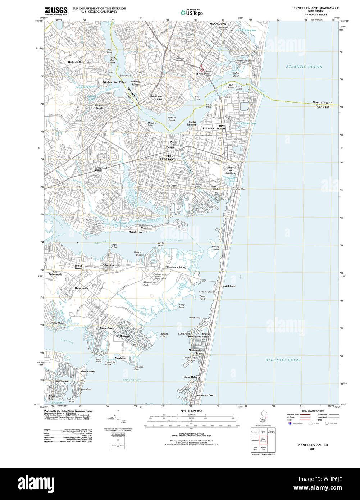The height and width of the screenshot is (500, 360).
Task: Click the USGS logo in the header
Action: tap(56, 11)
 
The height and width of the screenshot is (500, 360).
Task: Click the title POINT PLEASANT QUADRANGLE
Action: tap(315, 8)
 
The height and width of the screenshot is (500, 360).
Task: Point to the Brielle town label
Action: tap(200, 74)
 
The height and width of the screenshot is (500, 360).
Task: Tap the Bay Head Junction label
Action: tap(230, 170)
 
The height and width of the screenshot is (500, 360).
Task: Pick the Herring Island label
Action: tap(215, 248)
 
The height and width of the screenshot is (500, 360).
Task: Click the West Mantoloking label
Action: tap(176, 267)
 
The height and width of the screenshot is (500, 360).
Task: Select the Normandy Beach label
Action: tap(206, 395)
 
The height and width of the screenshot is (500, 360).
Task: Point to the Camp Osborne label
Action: tap(192, 377)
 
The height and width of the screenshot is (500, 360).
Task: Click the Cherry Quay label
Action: tap(57, 323)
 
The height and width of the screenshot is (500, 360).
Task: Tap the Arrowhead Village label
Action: tap(101, 169)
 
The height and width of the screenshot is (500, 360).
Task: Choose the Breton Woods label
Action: tap(79, 267)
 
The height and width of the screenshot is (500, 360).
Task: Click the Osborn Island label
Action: tap(172, 119)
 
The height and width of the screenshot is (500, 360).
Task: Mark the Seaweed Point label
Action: tap(138, 368)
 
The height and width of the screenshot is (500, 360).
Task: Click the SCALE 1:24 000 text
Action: tap(192, 411)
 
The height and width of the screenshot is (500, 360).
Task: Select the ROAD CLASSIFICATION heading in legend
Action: tap(313, 411)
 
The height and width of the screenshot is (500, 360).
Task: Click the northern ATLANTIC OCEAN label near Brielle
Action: tap(304, 67)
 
